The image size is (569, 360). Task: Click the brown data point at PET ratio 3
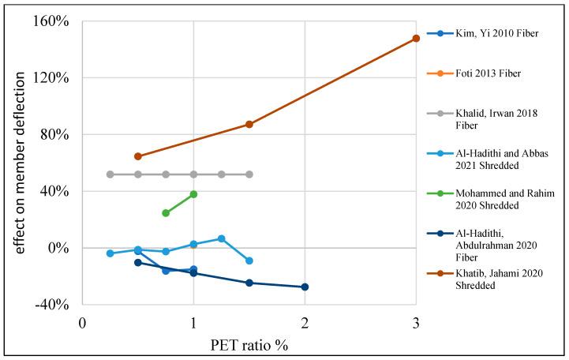pos(416,39)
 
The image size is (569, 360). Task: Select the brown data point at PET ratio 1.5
pos(249,124)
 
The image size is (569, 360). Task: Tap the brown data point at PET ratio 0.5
pos(138,156)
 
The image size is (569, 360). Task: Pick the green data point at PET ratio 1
pos(193,194)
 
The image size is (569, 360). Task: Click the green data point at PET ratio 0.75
pos(166,213)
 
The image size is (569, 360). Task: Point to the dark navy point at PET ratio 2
pos(305,287)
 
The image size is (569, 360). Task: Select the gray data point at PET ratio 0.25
pos(110,174)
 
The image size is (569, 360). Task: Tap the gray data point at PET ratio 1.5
pos(249,174)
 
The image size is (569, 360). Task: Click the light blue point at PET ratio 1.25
pos(222,238)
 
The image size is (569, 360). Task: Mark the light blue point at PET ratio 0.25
pos(110,253)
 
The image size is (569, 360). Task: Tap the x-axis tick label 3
pos(416,323)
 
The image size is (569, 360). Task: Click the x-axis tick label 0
pos(83,323)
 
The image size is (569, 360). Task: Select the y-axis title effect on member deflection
pos(21,162)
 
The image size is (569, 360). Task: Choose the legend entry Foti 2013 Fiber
pos(488,73)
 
